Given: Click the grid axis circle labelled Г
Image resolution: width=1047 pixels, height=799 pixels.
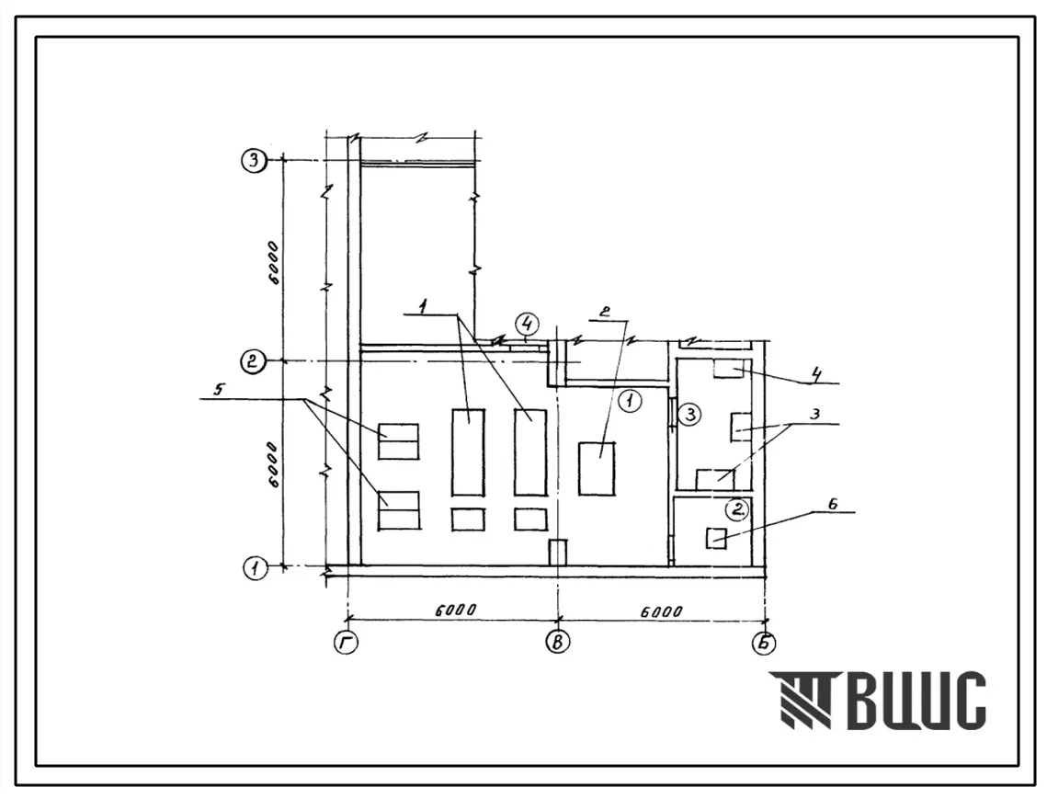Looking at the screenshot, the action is click(x=346, y=643).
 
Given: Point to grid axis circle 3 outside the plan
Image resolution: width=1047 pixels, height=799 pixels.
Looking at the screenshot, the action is click(x=255, y=161).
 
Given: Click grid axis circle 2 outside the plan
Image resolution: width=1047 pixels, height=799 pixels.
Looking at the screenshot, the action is click(x=253, y=361).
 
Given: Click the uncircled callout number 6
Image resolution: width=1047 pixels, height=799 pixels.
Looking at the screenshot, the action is click(x=833, y=504).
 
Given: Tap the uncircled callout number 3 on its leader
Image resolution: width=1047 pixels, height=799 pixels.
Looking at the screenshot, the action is click(x=814, y=415).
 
